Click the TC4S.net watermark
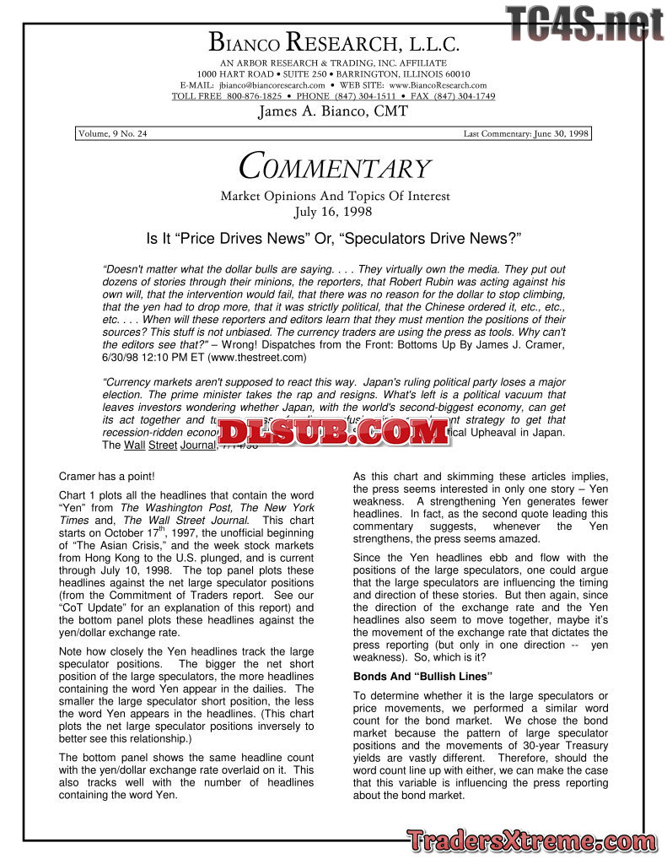(585, 24)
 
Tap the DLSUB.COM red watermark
(333, 432)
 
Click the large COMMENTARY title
(334, 167)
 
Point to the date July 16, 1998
(334, 212)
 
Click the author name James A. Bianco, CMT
(333, 111)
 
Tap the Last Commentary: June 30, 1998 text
(526, 134)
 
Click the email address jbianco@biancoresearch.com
(272, 85)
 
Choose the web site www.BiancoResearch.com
(437, 85)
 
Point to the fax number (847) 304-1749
(465, 96)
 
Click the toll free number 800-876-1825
(254, 96)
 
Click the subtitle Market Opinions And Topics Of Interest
(335, 197)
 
